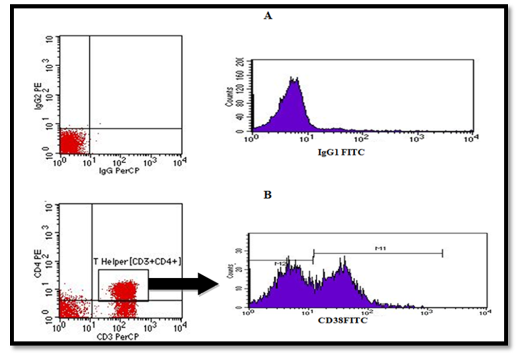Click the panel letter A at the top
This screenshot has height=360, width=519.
coord(267,17)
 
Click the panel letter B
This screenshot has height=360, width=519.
coord(267,195)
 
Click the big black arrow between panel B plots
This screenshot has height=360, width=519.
coord(183,284)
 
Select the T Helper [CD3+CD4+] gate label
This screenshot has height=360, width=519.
coord(138,262)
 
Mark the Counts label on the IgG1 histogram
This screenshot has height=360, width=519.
coord(230,98)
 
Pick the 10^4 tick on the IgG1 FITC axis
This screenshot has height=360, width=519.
coord(470,139)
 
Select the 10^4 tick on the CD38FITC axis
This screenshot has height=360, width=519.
coord(484,313)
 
